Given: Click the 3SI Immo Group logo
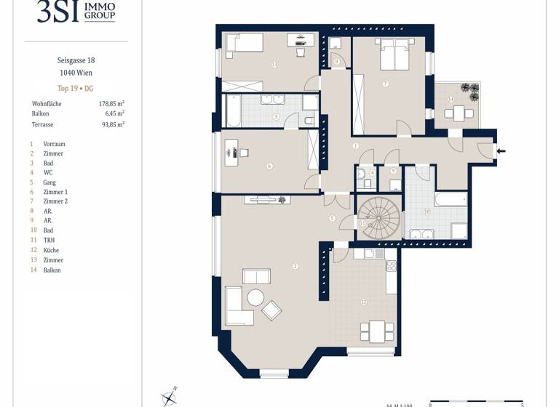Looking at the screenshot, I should coord(76,12).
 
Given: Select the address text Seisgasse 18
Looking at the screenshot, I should coord(76,60).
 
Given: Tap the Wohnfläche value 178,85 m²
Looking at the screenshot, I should coord(111,104).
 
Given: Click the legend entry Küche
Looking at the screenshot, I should coord(51,250).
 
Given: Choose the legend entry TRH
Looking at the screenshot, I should coord(49,240).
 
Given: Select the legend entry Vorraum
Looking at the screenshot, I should coord(54,144).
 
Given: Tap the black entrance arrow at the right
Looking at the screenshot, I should coord(501,151).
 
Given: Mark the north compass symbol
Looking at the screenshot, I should coord(169,396).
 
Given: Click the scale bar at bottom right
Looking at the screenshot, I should coord(476,400).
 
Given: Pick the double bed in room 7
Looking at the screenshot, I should coord(393,55).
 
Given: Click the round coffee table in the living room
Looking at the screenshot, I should coord(255,297).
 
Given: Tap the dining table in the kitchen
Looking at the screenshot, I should coord(376,331).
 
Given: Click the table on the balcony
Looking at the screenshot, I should coord(459,113).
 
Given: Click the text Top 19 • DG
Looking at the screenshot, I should coord(76,88).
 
